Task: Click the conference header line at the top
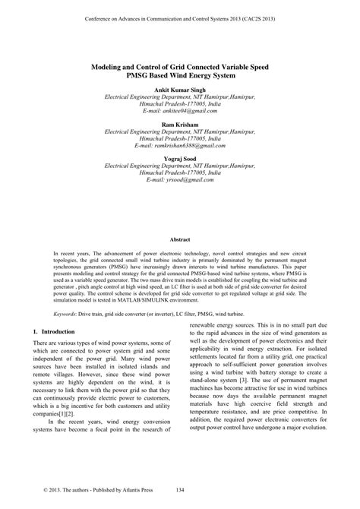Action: click(x=179, y=14)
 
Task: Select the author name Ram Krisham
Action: click(x=179, y=125)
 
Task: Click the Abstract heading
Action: click(x=180, y=239)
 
